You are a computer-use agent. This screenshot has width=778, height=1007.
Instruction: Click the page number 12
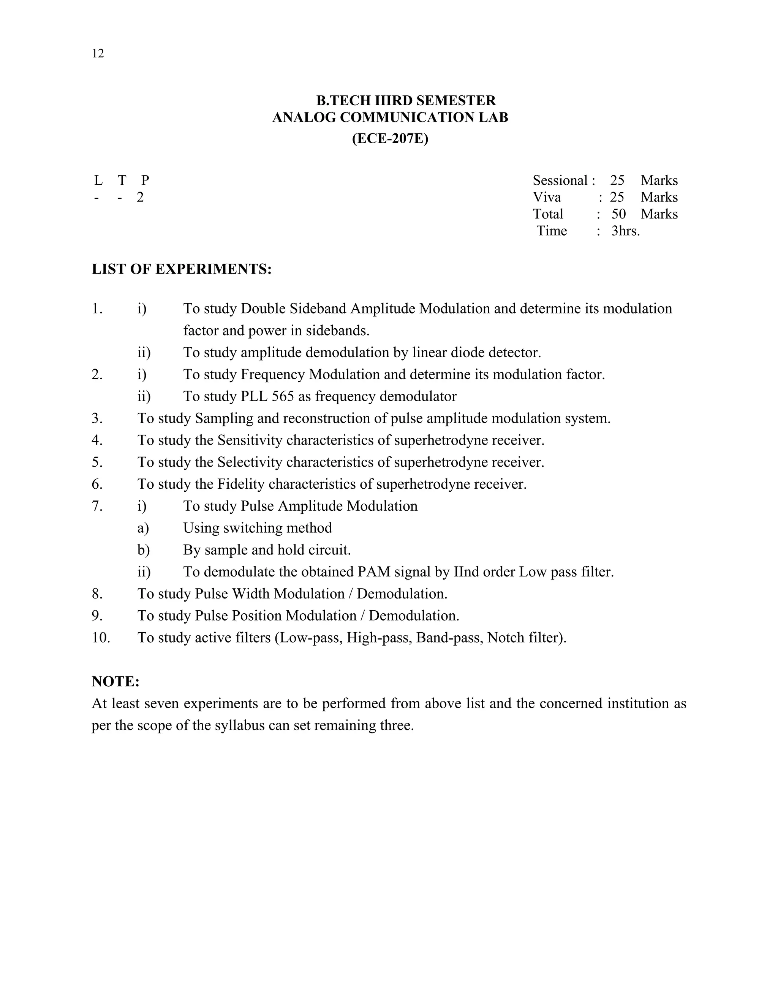[98, 54]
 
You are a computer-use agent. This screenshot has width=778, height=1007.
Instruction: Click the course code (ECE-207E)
[390, 138]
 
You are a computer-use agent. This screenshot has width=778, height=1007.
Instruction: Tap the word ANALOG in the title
[304, 117]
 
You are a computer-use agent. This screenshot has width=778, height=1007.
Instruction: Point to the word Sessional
[560, 180]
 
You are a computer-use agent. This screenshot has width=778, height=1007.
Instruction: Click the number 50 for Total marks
[618, 214]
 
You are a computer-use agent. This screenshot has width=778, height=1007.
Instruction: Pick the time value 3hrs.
[625, 231]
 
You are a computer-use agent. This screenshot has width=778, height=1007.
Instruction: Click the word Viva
[547, 197]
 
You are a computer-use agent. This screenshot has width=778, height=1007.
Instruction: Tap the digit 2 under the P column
[140, 197]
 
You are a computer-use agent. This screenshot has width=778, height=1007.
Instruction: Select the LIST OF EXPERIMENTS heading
[182, 269]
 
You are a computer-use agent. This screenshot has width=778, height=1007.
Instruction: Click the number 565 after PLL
[283, 396]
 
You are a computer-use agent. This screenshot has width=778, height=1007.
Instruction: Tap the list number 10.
[100, 637]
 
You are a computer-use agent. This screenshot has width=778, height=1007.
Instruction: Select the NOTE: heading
[115, 681]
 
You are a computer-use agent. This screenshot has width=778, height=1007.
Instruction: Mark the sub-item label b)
[143, 549]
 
